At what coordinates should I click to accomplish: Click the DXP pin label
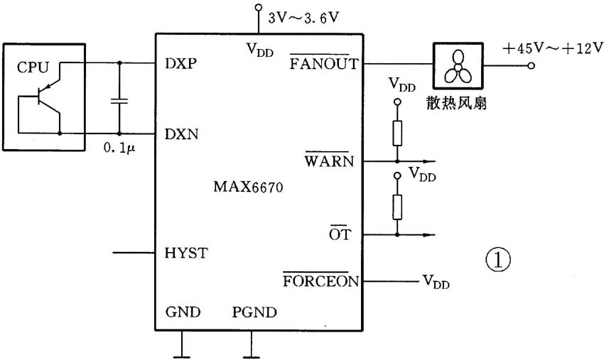pos(180,62)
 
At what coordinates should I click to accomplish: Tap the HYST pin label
pos(185,253)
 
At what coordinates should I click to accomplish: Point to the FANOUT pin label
pos(319,62)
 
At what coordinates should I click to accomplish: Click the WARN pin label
pos(329,161)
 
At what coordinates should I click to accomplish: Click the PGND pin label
pos(254,312)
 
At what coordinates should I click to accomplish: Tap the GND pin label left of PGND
pos(183,312)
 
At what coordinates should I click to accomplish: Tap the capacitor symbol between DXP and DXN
pos(119,99)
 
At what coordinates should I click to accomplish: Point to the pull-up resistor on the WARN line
pos(397,133)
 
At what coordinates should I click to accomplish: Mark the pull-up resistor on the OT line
pos(397,206)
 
